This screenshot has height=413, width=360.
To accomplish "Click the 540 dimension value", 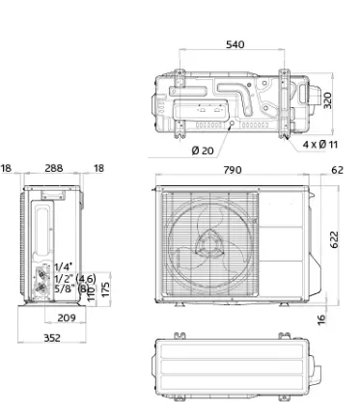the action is [x=235, y=44].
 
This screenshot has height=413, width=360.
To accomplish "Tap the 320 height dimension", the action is [x=327, y=100].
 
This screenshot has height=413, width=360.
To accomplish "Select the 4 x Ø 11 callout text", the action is [x=320, y=145].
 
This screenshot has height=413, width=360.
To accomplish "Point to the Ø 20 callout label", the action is [x=203, y=151].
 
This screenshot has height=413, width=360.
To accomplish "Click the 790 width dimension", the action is [x=233, y=170].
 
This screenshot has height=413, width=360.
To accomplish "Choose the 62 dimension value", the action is [x=337, y=170].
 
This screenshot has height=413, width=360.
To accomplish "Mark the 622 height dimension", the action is [x=335, y=239].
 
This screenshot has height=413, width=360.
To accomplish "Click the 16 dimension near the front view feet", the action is [x=321, y=319].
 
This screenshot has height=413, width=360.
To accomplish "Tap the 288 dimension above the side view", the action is [x=54, y=168].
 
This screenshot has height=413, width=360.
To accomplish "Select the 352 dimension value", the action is [x=52, y=338].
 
